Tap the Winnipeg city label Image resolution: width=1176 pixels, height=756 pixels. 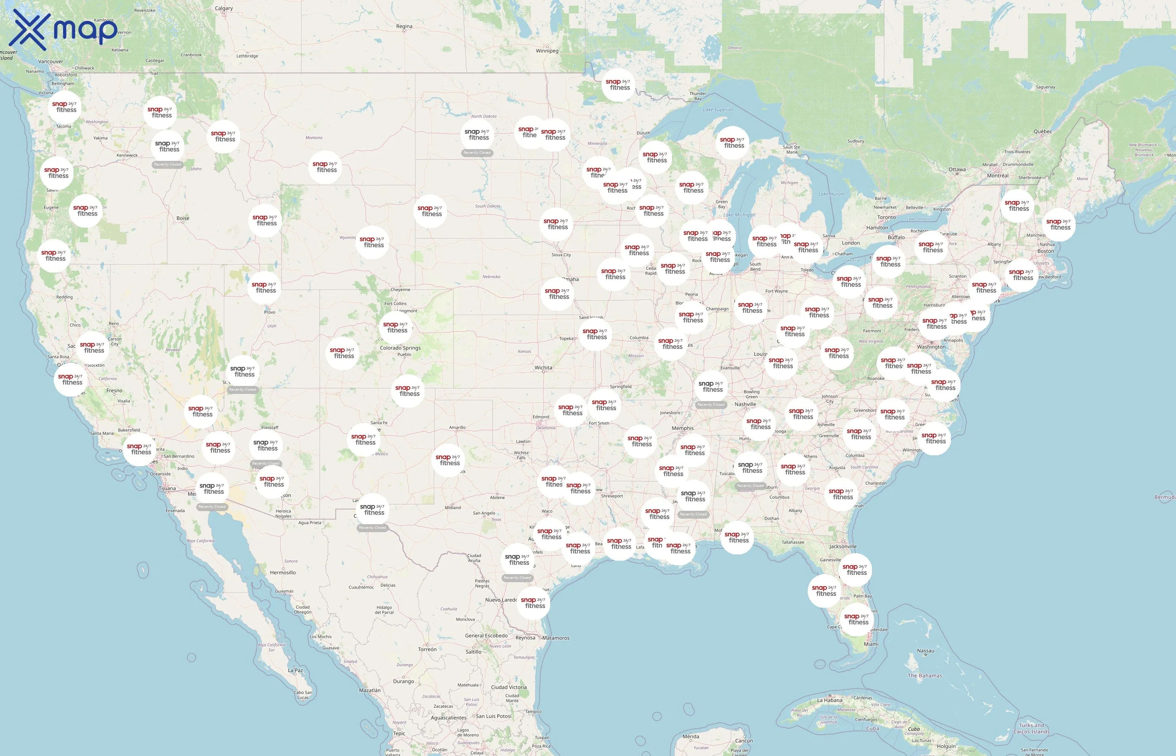(547, 50)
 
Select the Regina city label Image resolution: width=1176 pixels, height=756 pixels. (404, 26)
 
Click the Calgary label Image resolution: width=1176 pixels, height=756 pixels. (224, 8)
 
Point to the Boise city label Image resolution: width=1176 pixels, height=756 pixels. (183, 218)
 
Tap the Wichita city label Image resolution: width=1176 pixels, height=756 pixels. (543, 367)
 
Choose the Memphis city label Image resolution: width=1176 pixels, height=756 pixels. (683, 428)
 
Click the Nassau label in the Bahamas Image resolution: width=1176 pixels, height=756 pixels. (926, 651)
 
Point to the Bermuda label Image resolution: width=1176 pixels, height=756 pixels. (1165, 497)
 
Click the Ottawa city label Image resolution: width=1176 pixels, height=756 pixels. (957, 169)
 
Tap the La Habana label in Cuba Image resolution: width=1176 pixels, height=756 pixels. (829, 701)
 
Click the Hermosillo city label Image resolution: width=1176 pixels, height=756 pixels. (283, 572)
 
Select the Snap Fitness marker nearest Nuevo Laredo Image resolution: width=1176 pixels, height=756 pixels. (533, 603)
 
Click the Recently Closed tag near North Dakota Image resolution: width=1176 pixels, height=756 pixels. (477, 153)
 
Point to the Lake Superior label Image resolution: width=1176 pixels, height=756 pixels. (718, 110)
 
